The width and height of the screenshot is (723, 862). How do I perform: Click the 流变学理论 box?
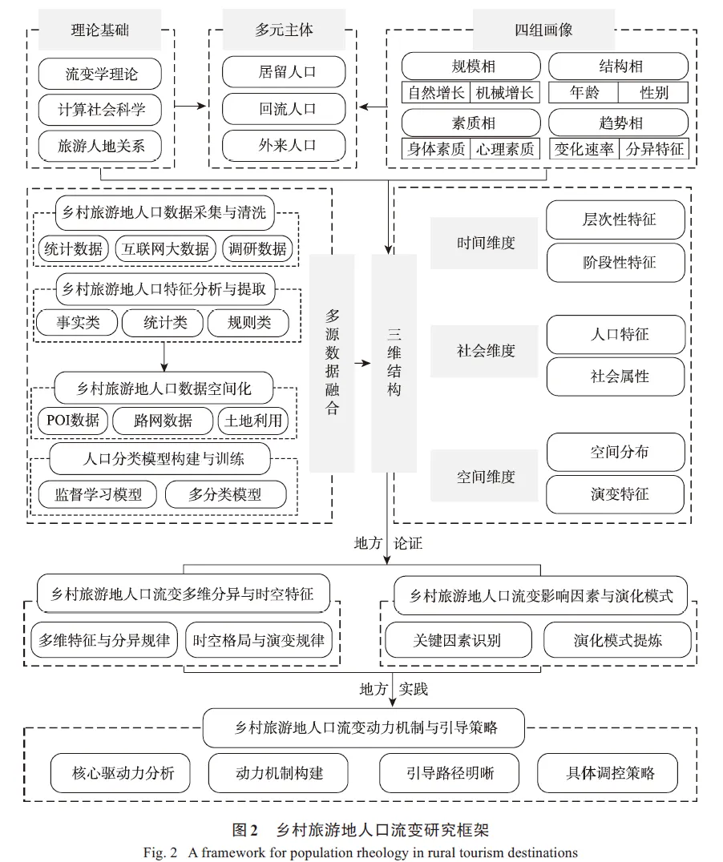101,75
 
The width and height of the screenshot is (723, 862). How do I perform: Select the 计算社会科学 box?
101,110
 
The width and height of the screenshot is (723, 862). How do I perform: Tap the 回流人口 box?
287,109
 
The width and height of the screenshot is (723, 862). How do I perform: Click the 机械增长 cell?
504,93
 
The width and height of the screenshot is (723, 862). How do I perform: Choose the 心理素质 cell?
504,149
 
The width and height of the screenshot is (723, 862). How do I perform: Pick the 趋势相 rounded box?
619,123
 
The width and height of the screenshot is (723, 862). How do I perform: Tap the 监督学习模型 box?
98,494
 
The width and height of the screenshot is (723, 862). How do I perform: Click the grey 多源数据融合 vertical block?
332,363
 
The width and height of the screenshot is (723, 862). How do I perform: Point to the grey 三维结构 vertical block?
394,363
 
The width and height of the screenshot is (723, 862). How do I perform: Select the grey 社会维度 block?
484,351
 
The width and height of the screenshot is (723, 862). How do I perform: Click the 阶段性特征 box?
616,262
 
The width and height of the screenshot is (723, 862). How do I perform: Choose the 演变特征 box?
616,494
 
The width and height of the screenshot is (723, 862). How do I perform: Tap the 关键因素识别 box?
457,640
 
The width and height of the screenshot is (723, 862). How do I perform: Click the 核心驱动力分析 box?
121,773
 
